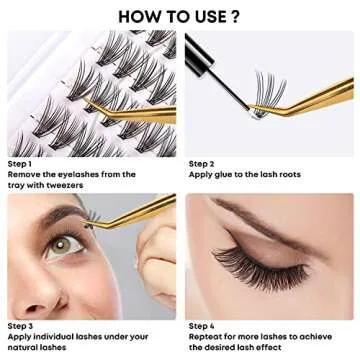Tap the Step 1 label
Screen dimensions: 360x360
[22, 163]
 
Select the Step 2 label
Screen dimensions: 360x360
[202, 163]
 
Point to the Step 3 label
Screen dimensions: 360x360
[22, 325]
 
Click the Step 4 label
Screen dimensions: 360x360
[202, 325]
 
